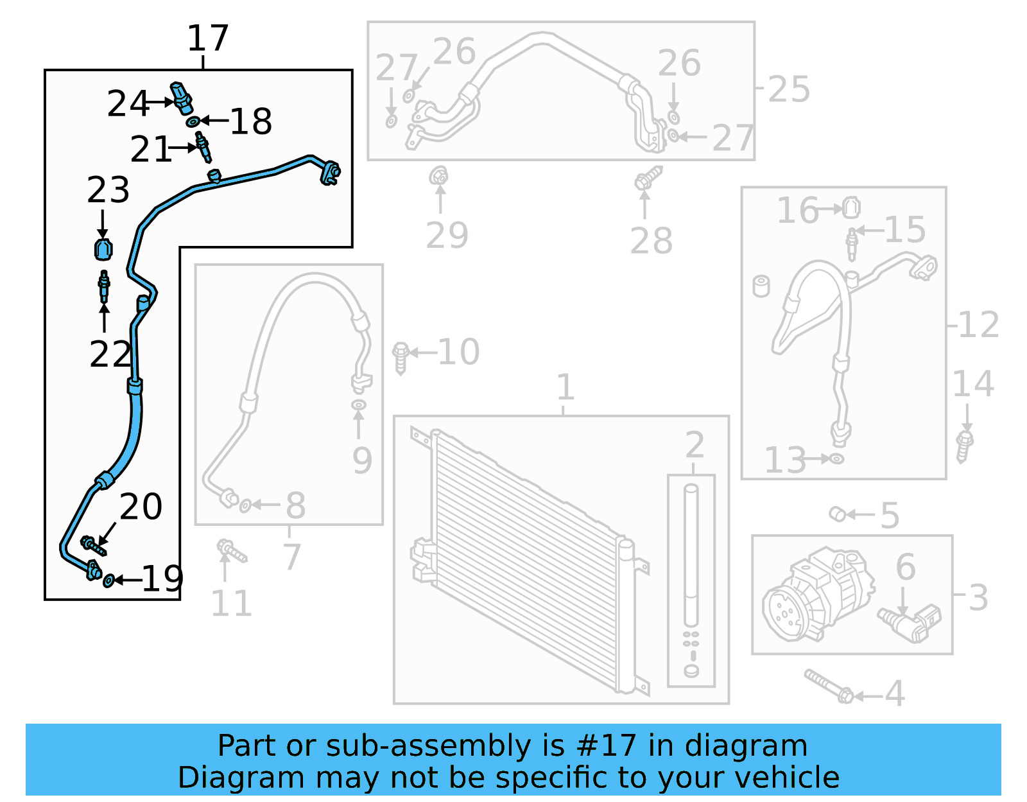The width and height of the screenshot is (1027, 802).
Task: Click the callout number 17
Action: click(208, 38)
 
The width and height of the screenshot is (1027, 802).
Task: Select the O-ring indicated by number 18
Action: click(193, 123)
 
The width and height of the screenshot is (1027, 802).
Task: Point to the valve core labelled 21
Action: click(203, 147)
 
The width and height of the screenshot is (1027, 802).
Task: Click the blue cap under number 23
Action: click(103, 249)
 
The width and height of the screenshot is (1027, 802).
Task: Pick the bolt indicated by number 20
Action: click(94, 546)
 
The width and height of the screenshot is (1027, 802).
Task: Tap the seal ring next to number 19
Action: click(108, 580)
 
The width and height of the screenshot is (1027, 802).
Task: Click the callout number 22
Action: click(110, 354)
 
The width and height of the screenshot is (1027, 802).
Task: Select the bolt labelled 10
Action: click(401, 358)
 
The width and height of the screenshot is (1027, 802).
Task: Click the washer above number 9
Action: click(359, 405)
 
